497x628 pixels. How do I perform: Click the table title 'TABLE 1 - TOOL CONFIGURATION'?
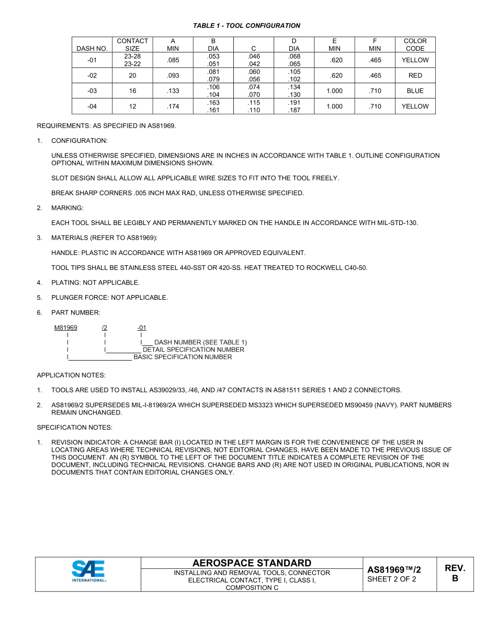(x=246, y=26)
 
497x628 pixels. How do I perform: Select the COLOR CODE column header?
(x=415, y=44)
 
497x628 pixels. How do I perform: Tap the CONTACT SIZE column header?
(x=132, y=44)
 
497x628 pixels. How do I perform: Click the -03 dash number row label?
(x=92, y=91)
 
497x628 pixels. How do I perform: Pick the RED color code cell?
(x=415, y=75)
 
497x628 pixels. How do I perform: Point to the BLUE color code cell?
(x=415, y=91)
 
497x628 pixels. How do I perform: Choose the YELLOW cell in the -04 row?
(x=415, y=106)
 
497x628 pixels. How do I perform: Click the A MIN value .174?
(x=173, y=106)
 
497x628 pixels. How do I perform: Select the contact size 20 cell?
(x=132, y=75)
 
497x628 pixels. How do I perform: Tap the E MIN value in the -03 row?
(x=334, y=91)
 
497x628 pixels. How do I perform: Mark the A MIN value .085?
(x=173, y=60)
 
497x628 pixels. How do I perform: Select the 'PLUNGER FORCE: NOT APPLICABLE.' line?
(x=109, y=298)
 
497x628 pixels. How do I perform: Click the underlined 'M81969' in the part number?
(x=66, y=328)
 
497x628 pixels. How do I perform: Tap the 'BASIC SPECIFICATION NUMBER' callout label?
(x=183, y=357)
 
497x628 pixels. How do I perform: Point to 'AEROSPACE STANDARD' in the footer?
(x=252, y=563)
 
